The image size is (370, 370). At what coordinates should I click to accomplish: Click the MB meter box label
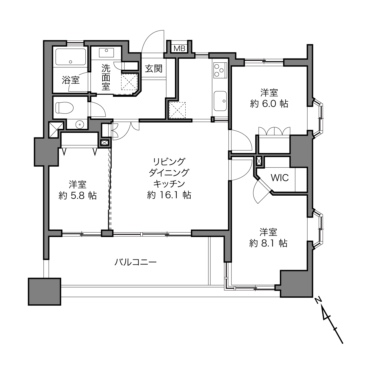(179, 48)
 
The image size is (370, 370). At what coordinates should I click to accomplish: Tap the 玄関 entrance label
(154, 69)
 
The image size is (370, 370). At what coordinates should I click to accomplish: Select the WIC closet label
(280, 178)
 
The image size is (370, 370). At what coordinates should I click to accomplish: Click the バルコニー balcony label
(135, 262)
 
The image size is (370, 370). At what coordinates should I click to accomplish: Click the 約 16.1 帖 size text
(169, 195)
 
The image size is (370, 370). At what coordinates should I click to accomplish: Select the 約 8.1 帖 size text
(268, 244)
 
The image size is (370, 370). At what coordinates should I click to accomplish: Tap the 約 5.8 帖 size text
(77, 196)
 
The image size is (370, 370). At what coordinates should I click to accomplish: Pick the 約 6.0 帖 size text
(269, 104)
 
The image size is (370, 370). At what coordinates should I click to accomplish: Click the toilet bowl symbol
(64, 108)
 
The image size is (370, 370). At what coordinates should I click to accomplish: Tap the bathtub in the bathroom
(70, 57)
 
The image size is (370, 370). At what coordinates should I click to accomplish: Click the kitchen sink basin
(220, 101)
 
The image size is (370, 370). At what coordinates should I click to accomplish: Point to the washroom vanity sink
(106, 53)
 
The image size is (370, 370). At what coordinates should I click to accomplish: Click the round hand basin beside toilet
(79, 124)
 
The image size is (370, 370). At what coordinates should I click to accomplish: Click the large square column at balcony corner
(44, 291)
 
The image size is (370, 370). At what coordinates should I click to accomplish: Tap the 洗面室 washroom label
(106, 77)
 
